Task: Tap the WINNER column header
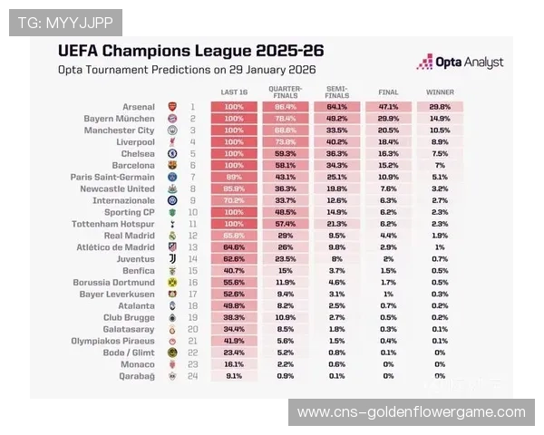pos(440,92)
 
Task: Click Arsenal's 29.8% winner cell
pos(440,107)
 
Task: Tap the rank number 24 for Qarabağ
pos(192,375)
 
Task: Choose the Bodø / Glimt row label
pos(131,353)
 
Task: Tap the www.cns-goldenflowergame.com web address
pos(411,412)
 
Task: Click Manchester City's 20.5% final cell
pos(388,130)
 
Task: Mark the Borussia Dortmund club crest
pos(172,283)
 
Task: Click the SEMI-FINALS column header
pos(336,92)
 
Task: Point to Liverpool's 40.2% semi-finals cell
pos(336,142)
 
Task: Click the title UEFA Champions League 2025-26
pos(190,51)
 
